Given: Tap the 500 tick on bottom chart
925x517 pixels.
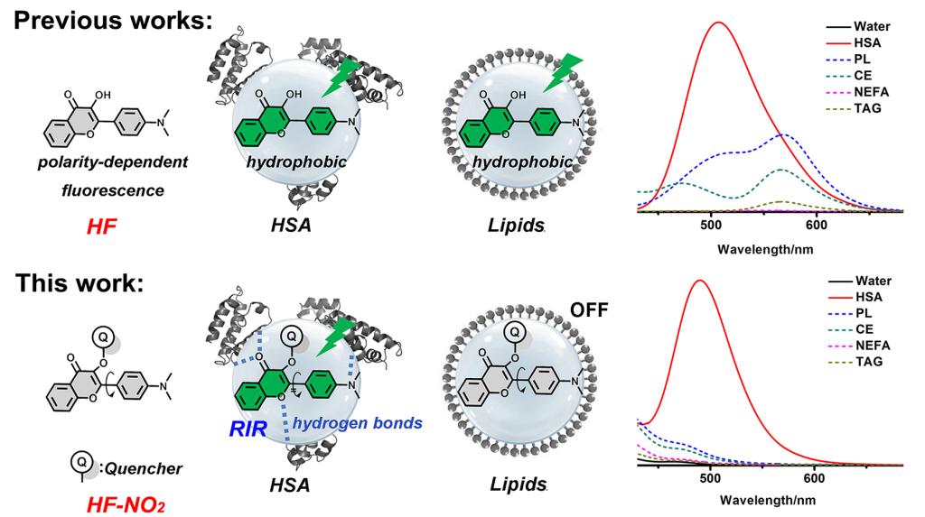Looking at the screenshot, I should click(x=711, y=477).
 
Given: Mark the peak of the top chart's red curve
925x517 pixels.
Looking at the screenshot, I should click(x=719, y=23).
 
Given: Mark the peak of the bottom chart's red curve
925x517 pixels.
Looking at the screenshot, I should click(x=698, y=281).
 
